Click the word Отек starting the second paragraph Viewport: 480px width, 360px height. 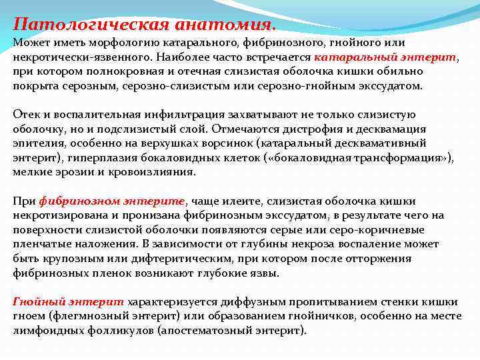point(26,114)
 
